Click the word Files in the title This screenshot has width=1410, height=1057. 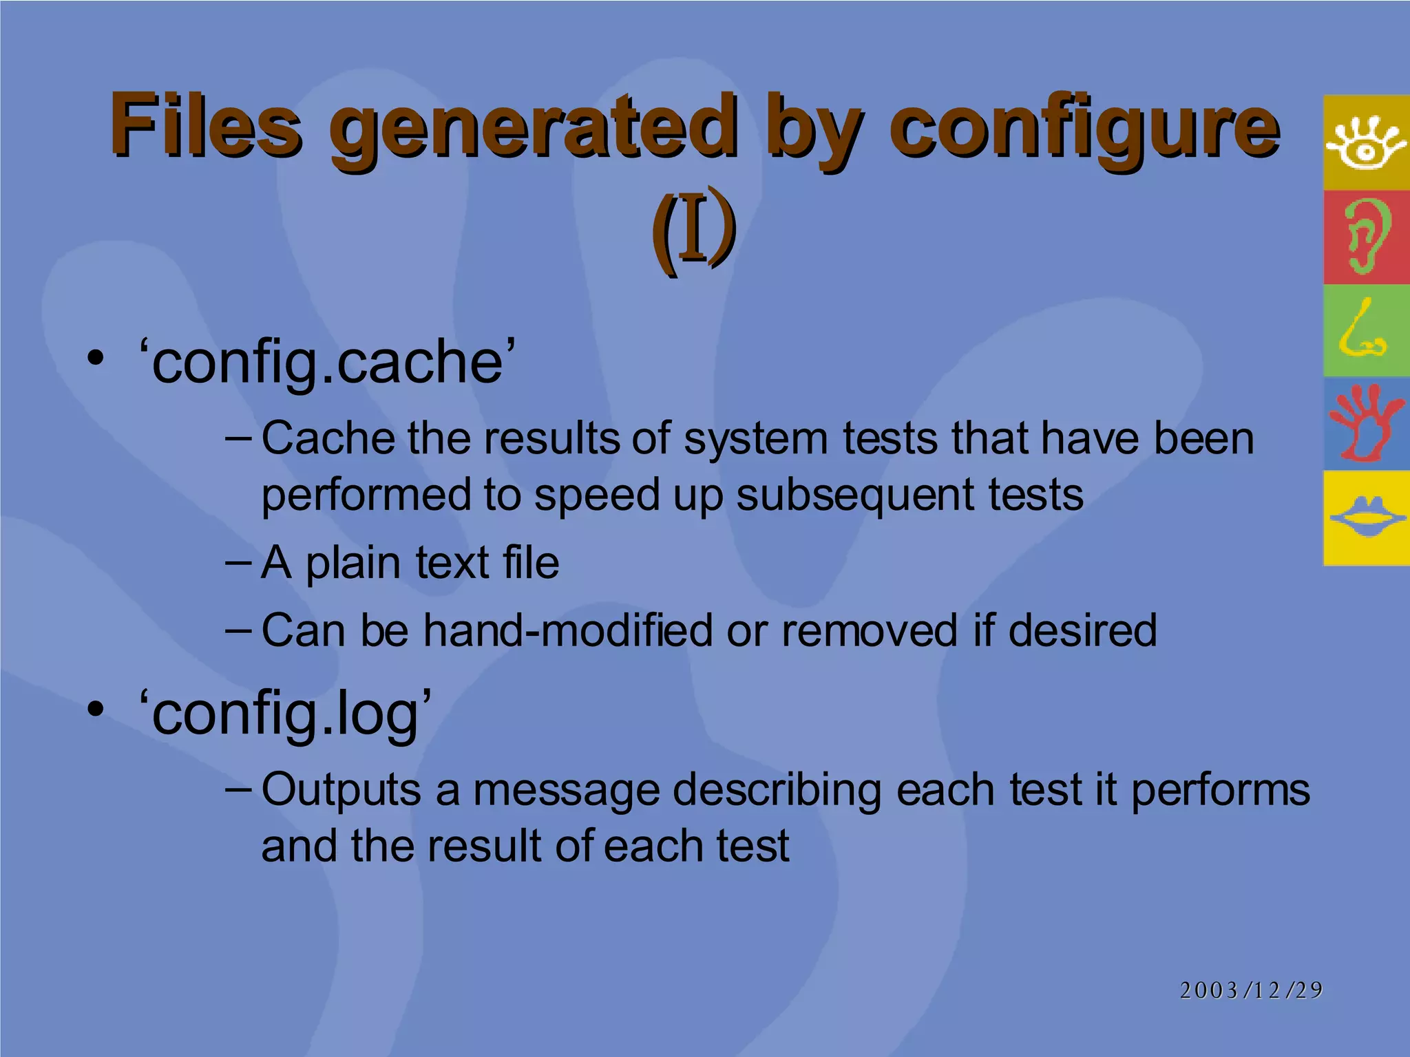click(205, 127)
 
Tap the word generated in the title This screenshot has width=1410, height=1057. click(534, 131)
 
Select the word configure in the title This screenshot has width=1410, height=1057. click(1084, 131)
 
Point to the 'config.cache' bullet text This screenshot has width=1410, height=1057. click(326, 362)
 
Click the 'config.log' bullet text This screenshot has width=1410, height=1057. click(285, 714)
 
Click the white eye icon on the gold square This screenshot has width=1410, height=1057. click(1366, 143)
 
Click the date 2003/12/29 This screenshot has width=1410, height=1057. click(1251, 990)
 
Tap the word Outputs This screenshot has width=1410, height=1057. click(341, 790)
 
